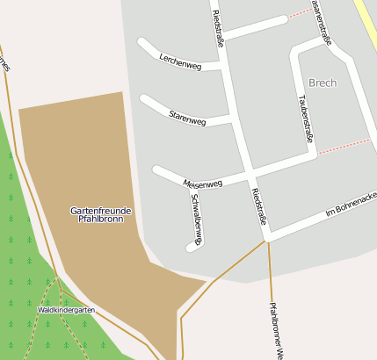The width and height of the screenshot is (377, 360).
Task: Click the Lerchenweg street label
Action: coord(180,61)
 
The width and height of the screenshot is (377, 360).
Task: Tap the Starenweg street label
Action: coord(187,118)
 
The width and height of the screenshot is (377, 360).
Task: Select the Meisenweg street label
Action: coord(203,183)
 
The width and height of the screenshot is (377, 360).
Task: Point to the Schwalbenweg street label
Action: coord(197,216)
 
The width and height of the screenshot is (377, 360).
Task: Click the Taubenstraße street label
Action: coord(306,119)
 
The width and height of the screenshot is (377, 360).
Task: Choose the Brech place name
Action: coord(323,83)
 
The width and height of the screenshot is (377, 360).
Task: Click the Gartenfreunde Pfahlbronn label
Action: coord(101,214)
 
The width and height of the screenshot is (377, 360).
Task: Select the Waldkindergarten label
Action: coord(66,310)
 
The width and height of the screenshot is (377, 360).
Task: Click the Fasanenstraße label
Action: coord(323,21)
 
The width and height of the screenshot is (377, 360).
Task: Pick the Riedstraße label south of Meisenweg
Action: coord(257,205)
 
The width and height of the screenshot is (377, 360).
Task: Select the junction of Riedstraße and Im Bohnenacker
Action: coord(265,237)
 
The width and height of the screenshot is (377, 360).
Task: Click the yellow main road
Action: coord(366,22)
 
